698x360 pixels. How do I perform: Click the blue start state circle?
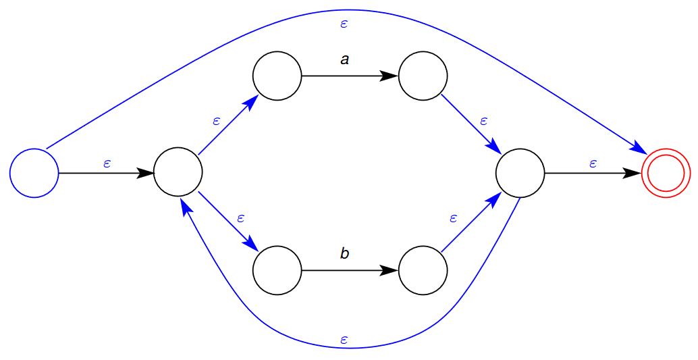[x=34, y=173]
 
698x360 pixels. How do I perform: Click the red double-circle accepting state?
[x=666, y=174]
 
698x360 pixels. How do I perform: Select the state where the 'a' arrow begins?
[x=277, y=76]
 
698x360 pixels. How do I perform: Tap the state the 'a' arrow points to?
[x=423, y=76]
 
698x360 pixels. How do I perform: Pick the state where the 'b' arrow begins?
[x=277, y=270]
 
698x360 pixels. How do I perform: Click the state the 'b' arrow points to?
[x=423, y=270]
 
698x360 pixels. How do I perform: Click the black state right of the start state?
[x=178, y=173]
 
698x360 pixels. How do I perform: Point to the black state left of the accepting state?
[x=520, y=173]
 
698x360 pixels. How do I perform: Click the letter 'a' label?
[x=345, y=60]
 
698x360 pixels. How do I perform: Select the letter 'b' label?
[x=345, y=254]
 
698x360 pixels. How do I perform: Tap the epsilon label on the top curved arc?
[x=344, y=24]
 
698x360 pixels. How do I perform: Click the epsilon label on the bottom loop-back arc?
[x=344, y=339]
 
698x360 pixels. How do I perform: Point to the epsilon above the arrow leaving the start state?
[x=107, y=163]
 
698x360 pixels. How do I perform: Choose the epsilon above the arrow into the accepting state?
[x=593, y=163]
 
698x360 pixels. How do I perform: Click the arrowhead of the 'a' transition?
[x=389, y=76]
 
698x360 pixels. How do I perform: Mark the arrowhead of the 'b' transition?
[x=389, y=270]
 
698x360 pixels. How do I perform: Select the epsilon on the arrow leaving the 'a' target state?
[x=483, y=121]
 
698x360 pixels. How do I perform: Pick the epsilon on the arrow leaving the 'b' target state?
[x=453, y=218]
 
